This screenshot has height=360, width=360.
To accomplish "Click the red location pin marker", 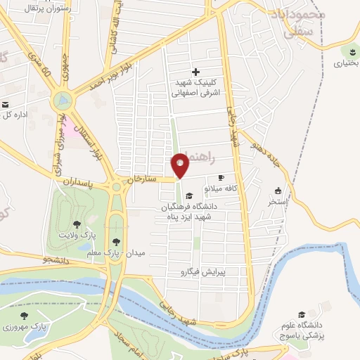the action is click(181, 166).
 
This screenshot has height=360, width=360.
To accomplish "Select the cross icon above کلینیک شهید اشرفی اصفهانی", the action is click(195, 72).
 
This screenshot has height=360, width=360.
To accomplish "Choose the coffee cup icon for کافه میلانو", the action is click(221, 178).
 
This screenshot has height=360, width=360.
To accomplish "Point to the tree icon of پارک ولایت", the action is click(76, 225).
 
